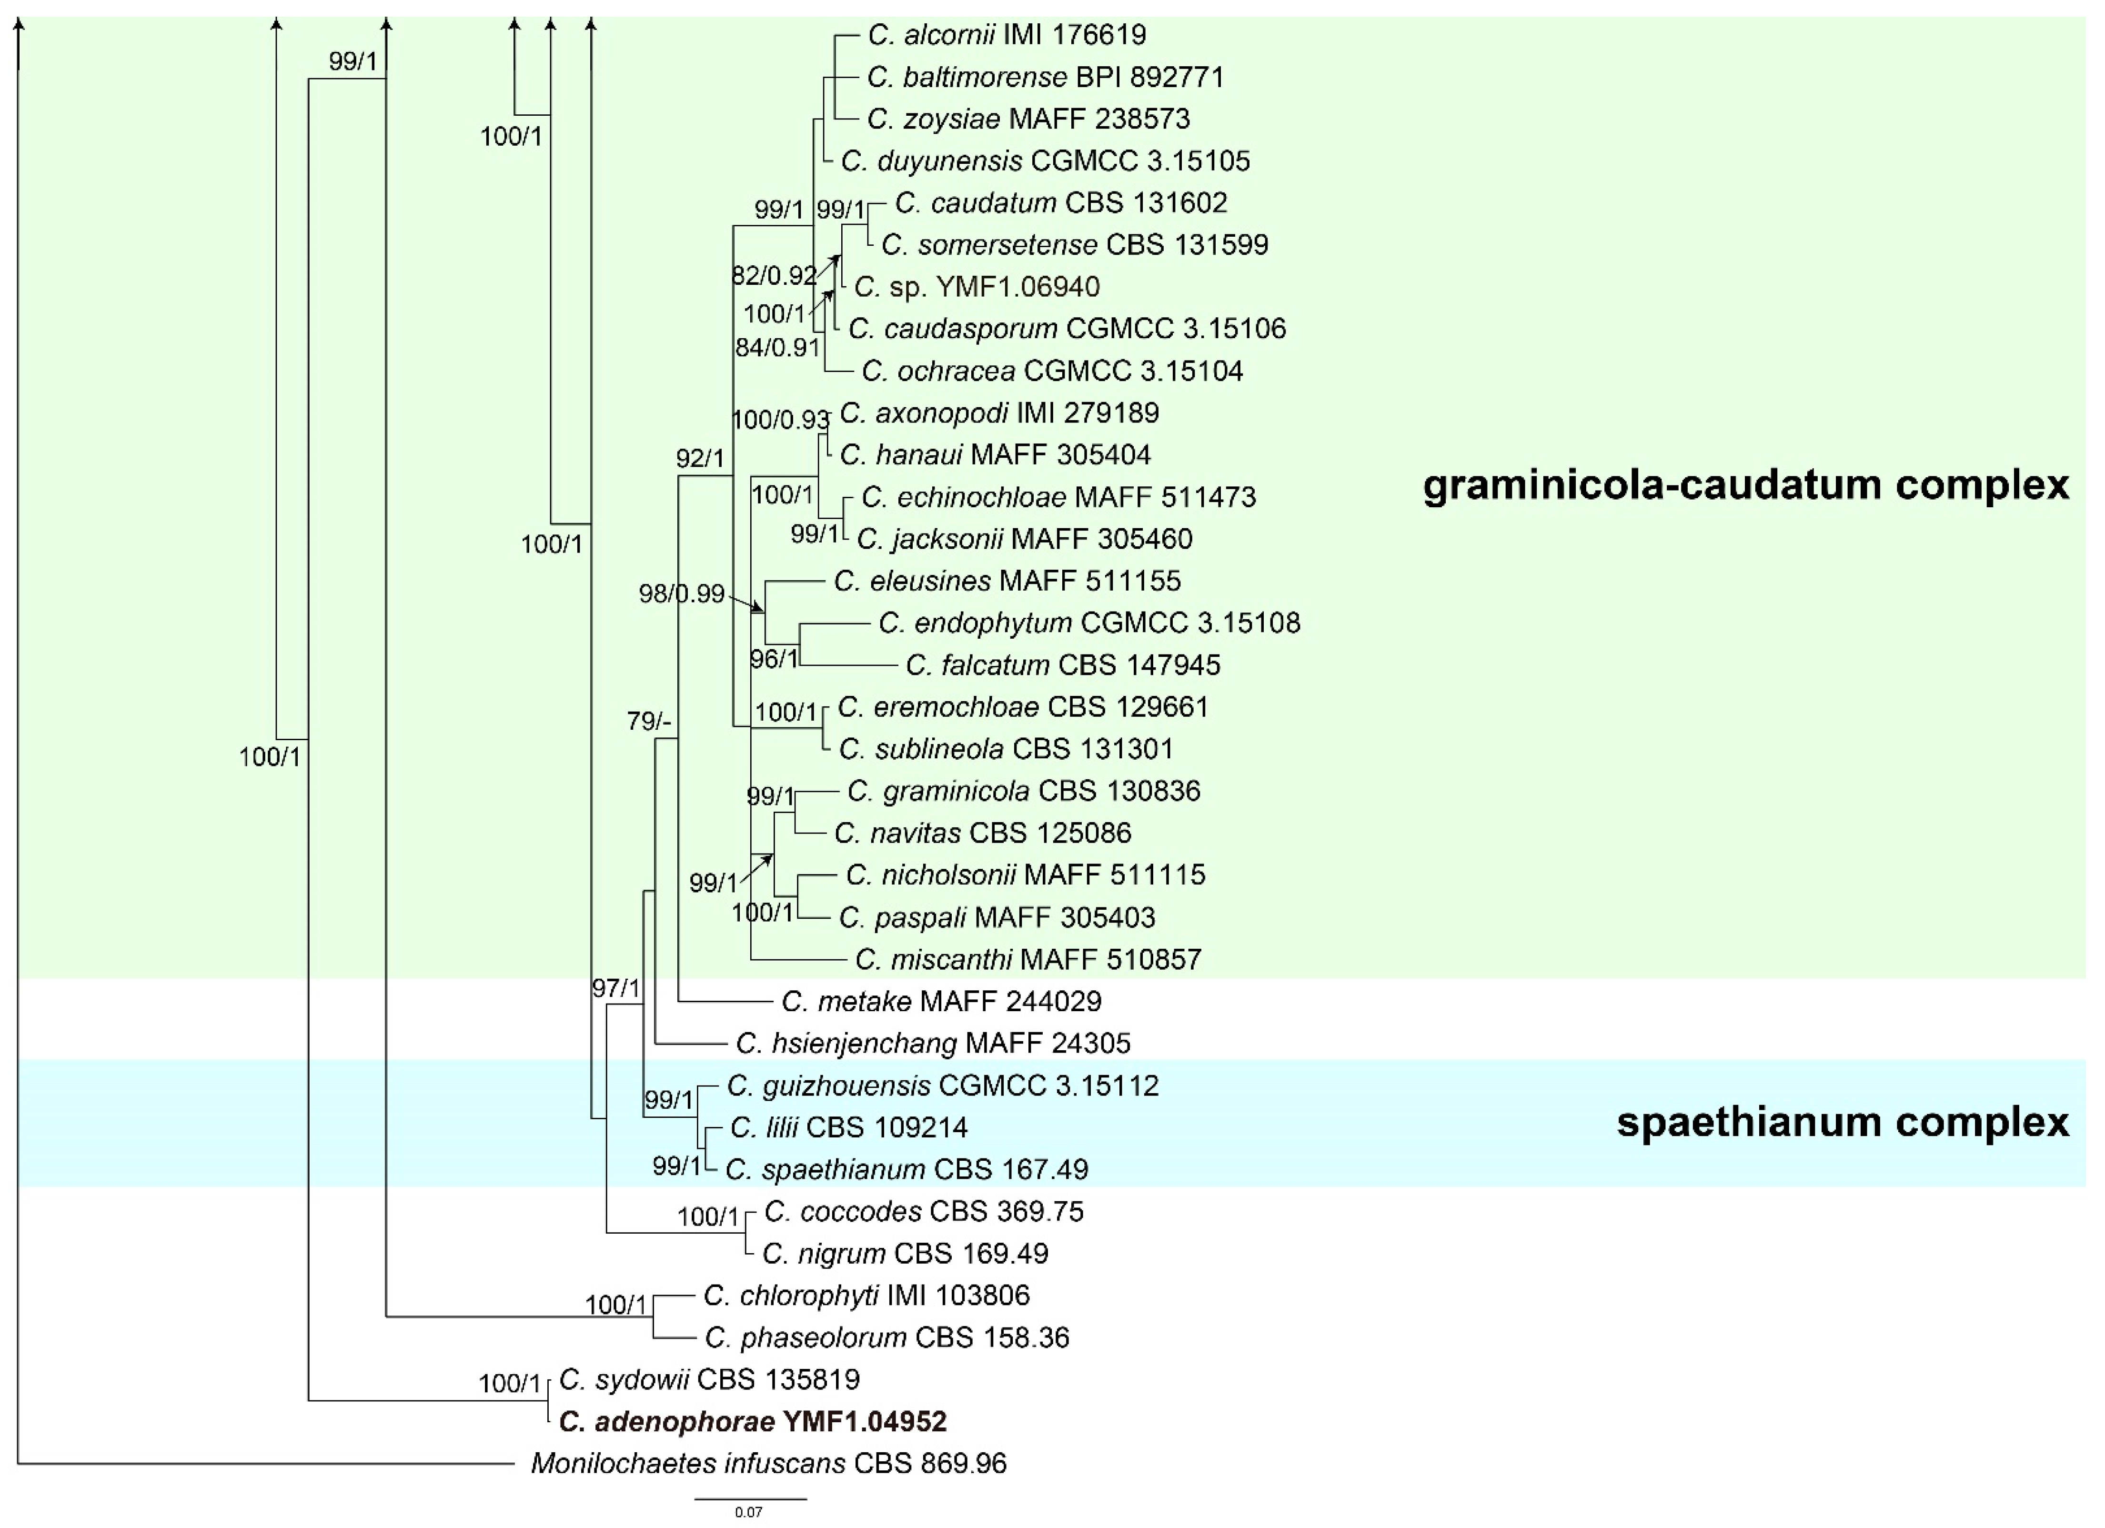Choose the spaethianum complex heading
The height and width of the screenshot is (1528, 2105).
coord(1843,1122)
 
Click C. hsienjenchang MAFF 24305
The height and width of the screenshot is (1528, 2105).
coord(933,1044)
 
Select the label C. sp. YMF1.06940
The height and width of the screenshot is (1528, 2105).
coord(977,287)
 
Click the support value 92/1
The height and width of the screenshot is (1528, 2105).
coord(700,459)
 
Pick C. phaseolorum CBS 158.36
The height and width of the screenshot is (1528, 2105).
coord(886,1337)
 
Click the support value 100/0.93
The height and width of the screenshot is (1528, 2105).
coord(780,421)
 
